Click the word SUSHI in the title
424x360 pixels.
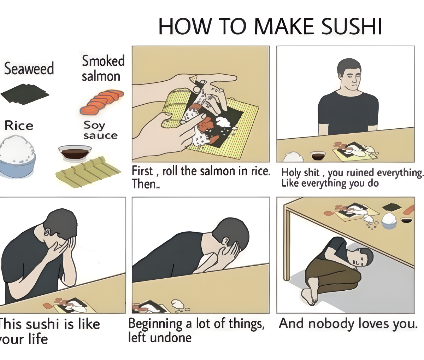[x=351, y=27]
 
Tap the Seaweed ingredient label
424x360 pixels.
[x=29, y=68]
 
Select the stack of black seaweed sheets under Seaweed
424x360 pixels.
[x=25, y=94]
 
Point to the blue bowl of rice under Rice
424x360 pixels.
[x=17, y=157]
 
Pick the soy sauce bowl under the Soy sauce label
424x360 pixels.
[x=75, y=153]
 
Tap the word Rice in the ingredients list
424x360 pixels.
[x=19, y=126]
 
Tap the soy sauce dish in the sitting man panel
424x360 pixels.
[x=318, y=156]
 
